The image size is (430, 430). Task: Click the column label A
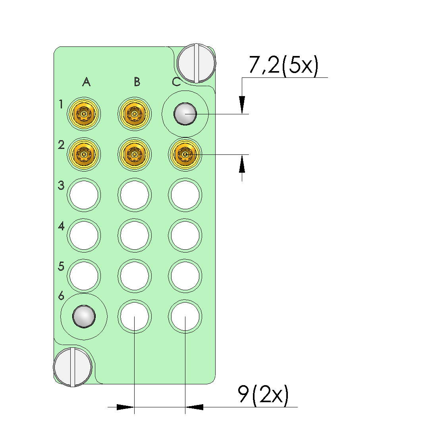(x=87, y=82)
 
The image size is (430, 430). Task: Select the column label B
(x=137, y=82)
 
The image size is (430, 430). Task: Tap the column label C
(x=176, y=82)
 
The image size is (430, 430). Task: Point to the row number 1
(x=61, y=104)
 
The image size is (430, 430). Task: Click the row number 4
(x=61, y=226)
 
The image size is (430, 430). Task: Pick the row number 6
(x=61, y=296)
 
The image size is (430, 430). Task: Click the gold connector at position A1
(x=84, y=114)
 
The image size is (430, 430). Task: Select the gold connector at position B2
(x=134, y=154)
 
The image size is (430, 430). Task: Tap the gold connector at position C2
(x=185, y=154)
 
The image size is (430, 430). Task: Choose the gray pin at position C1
(x=185, y=114)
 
